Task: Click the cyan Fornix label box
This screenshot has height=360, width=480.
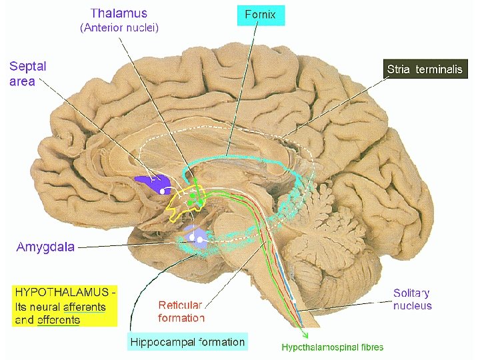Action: [x=261, y=15]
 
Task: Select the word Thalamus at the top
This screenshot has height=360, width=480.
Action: [x=119, y=13]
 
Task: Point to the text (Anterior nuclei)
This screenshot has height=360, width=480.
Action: [x=119, y=28]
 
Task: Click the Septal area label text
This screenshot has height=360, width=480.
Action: [x=27, y=73]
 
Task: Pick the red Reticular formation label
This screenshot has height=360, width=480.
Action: [x=180, y=311]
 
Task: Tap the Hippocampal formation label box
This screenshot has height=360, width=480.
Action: [x=187, y=342]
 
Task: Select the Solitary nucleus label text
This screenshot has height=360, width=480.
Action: [x=411, y=299]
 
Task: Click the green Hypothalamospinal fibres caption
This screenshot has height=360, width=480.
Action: [x=332, y=347]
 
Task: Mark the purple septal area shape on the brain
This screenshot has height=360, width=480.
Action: [x=153, y=182]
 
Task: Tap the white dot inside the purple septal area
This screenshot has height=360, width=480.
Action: [x=162, y=190]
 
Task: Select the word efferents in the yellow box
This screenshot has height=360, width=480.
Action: [x=57, y=320]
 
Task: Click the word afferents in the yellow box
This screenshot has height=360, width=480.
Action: [x=83, y=307]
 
